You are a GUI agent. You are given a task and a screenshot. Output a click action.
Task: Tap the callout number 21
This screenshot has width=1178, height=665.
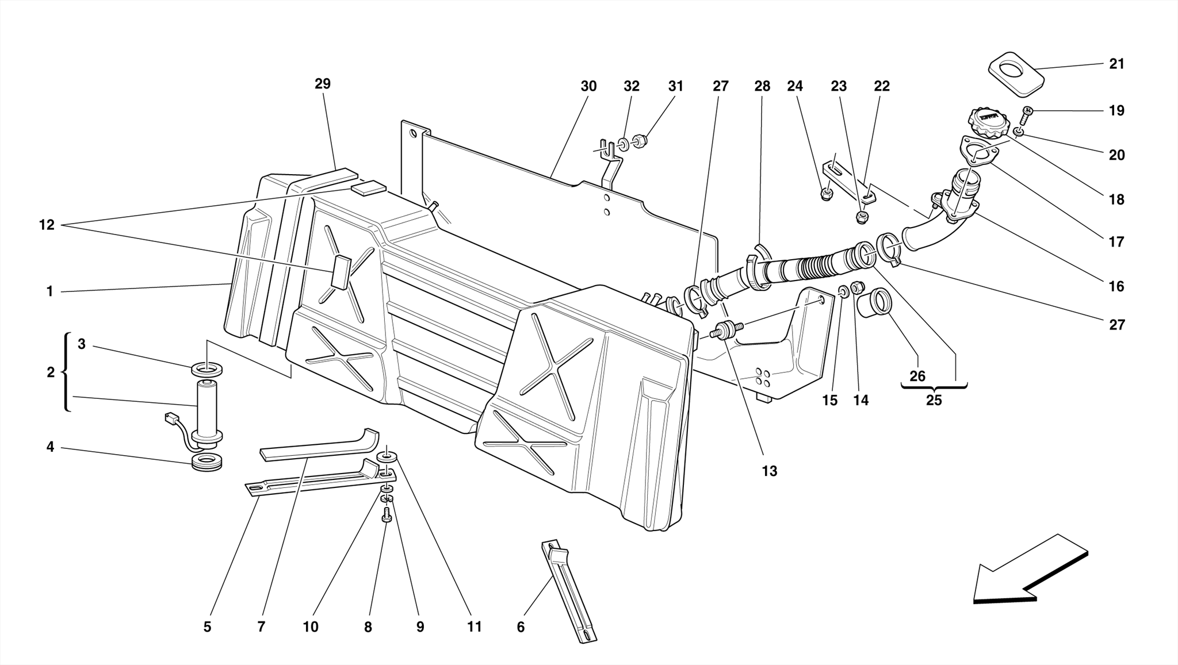click(1116, 64)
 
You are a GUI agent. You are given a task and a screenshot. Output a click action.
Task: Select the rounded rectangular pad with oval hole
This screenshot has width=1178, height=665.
click(1016, 74)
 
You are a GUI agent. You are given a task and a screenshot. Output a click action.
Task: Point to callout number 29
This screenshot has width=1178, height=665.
click(323, 84)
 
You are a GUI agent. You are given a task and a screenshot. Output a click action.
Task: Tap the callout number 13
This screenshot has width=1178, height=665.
click(769, 471)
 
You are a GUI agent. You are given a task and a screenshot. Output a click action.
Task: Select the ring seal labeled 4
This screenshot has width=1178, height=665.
click(206, 462)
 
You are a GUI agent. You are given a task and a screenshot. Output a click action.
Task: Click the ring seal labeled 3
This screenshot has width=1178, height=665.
click(206, 368)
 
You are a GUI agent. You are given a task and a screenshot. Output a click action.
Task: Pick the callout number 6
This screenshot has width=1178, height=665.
click(521, 627)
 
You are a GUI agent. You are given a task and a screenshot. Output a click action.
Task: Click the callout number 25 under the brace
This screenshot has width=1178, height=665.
click(934, 401)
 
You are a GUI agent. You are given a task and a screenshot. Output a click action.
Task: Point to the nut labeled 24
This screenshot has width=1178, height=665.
click(826, 194)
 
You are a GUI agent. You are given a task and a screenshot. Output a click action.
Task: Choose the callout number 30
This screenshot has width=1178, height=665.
click(588, 86)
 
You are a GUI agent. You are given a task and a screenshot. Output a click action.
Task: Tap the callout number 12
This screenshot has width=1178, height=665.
click(47, 225)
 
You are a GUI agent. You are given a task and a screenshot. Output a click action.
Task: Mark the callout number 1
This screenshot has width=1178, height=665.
click(49, 292)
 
